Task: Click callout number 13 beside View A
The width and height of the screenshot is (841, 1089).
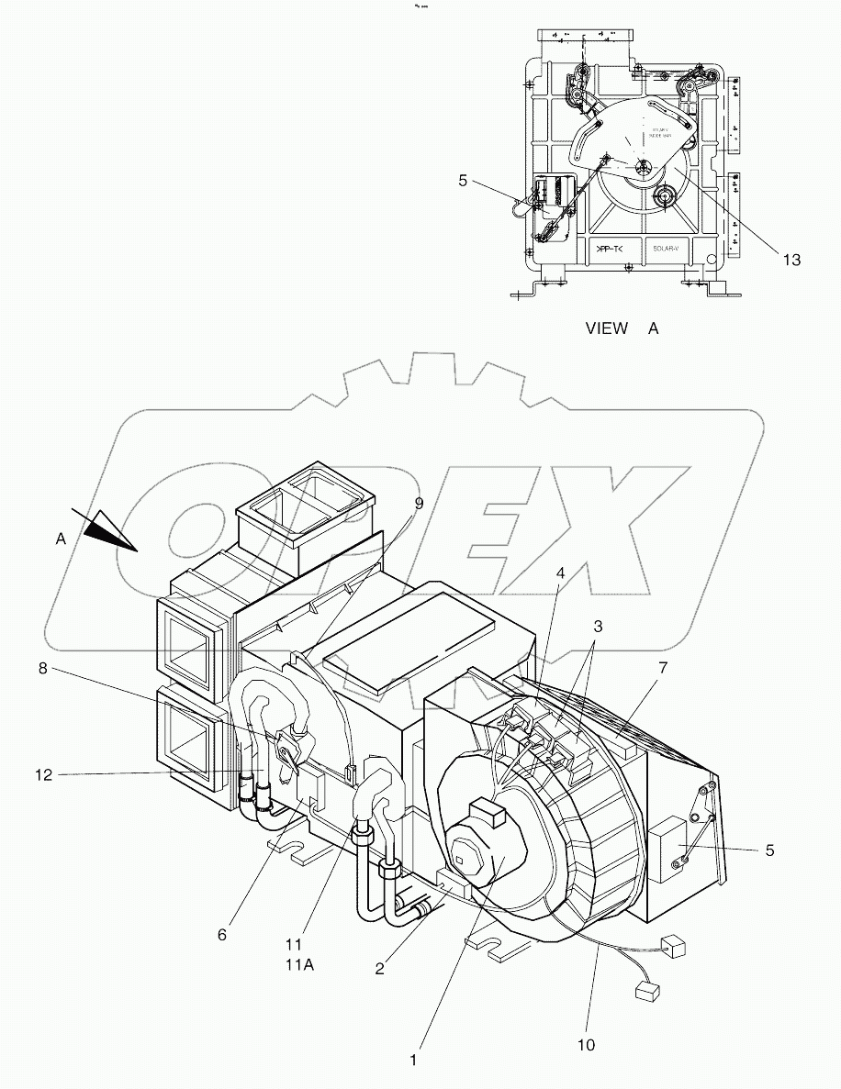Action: pyautogui.click(x=791, y=260)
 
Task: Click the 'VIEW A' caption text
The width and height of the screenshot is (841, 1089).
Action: pyautogui.click(x=622, y=328)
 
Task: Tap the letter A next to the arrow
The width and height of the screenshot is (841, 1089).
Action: pyautogui.click(x=61, y=540)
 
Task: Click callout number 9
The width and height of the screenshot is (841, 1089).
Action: pyautogui.click(x=419, y=503)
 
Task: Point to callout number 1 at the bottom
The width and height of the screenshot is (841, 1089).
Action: pyautogui.click(x=414, y=1060)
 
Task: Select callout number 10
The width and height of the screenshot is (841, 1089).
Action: pyautogui.click(x=586, y=1044)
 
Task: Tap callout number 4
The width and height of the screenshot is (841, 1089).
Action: pyautogui.click(x=559, y=574)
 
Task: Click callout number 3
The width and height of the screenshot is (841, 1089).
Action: pyautogui.click(x=598, y=627)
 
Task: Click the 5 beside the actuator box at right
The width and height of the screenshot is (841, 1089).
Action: pyautogui.click(x=769, y=850)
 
